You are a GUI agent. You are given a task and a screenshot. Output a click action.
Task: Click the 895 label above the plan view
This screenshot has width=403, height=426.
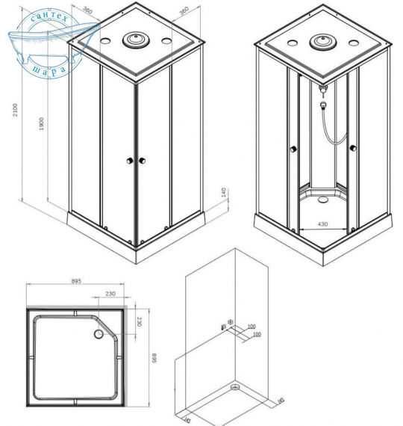coord(75,282)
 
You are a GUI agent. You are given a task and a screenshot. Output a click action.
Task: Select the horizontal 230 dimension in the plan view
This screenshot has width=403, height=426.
coord(110,294)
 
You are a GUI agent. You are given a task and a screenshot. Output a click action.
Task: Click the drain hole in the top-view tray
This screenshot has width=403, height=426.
coord(96,334)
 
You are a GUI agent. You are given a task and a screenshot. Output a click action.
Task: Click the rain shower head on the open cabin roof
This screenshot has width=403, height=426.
coord(323,40)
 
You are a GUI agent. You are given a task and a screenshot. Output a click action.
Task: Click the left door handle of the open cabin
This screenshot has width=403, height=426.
coord(293,150)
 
